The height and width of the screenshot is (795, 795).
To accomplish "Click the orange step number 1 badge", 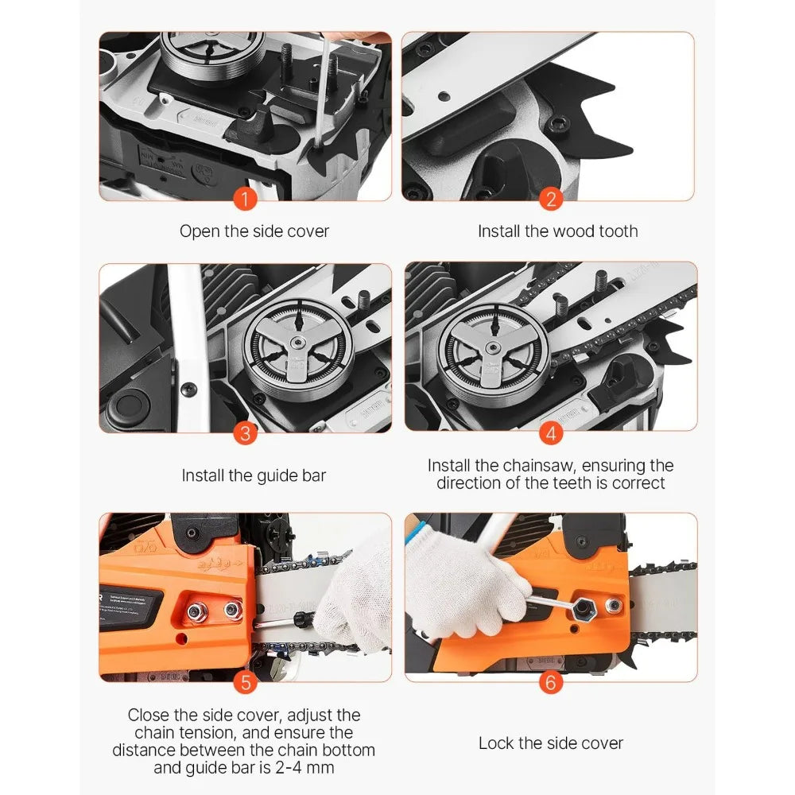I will (246, 199).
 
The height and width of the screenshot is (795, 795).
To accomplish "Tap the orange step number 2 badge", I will (549, 199).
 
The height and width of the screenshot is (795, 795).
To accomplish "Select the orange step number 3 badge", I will (246, 433).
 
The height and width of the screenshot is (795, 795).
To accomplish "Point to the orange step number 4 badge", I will (549, 433).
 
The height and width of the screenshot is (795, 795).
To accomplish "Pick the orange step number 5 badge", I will (246, 682).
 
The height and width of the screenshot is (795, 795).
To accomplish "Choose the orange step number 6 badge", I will (549, 682).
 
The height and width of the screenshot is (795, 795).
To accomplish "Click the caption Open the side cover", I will (254, 231).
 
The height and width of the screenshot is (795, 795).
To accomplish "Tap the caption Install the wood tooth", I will (557, 231).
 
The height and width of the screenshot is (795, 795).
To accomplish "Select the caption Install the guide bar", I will (254, 475).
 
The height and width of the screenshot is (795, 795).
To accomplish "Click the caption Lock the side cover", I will (550, 743).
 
